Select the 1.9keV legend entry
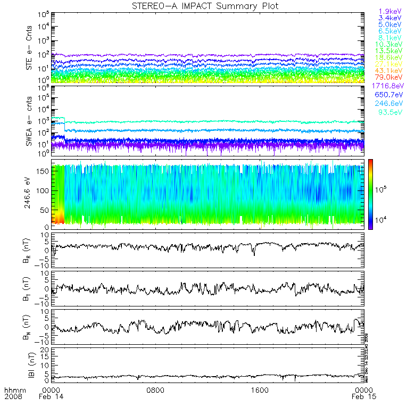pyautogui.click(x=389, y=11)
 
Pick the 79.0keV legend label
pyautogui.click(x=389, y=78)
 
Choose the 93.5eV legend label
pyautogui.click(x=389, y=112)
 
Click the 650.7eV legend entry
pyautogui.click(x=389, y=95)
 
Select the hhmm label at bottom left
pyautogui.click(x=11, y=390)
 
